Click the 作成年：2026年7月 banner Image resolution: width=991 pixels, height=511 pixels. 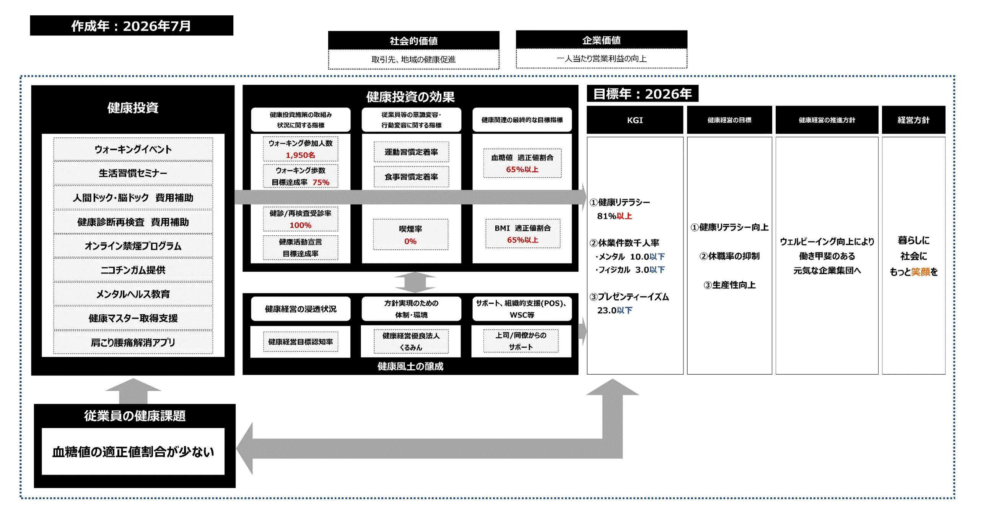(x=132, y=25)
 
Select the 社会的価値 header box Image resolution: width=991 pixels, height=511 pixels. (x=413, y=40)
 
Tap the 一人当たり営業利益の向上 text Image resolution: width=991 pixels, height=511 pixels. (x=601, y=58)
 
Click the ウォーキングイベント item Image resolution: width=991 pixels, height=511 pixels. (x=133, y=149)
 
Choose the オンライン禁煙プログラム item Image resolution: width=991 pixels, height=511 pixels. (x=133, y=246)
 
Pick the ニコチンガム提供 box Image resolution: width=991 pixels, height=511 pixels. (x=133, y=270)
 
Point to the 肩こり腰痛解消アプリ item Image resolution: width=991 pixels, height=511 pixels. (x=133, y=342)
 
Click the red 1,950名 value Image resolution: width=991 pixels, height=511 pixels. (x=301, y=155)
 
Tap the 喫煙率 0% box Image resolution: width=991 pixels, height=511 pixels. (x=410, y=234)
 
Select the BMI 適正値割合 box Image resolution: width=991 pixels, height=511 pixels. (x=523, y=234)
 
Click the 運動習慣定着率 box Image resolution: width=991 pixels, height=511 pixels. (x=411, y=152)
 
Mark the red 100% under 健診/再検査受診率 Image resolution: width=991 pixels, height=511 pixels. (x=301, y=225)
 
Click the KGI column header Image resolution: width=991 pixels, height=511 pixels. (x=635, y=120)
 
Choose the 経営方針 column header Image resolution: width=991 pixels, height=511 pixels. (x=914, y=120)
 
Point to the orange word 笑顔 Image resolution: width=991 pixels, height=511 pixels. (x=921, y=272)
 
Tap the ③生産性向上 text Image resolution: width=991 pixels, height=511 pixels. (x=729, y=285)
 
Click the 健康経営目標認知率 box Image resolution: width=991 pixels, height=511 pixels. (x=301, y=341)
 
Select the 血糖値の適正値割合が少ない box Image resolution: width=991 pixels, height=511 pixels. (x=133, y=451)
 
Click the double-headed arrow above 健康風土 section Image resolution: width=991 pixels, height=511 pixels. (x=415, y=282)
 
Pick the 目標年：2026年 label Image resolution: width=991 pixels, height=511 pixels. (x=643, y=94)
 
